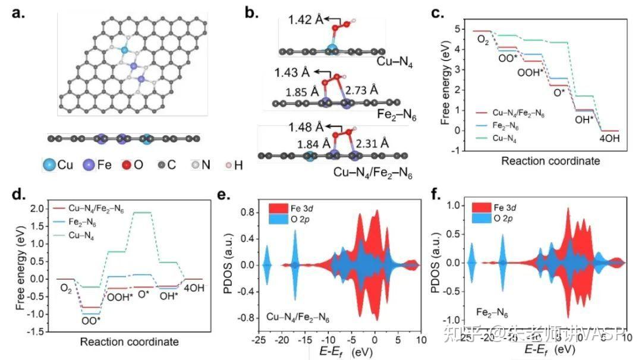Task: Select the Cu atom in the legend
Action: point(51,165)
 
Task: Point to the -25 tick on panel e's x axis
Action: point(257,339)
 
